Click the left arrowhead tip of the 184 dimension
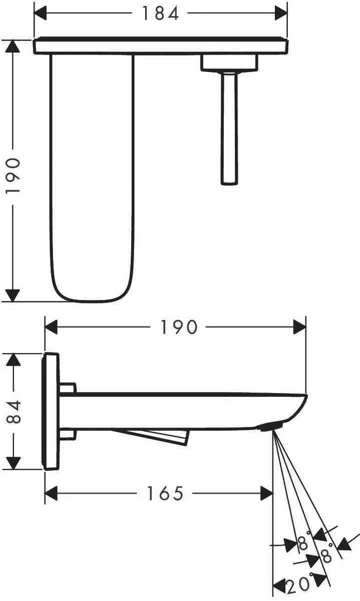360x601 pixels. click(35, 14)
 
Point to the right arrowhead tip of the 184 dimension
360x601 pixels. click(287, 14)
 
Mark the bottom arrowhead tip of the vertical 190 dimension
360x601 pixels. click(13, 302)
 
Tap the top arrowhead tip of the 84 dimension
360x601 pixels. click(14, 354)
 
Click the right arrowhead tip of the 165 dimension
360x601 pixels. click(272, 493)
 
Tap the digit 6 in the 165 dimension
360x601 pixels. click(165, 493)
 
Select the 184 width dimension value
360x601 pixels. click(160, 14)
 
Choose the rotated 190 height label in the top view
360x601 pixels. click(13, 176)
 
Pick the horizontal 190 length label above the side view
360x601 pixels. click(179, 327)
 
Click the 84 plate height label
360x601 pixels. click(14, 412)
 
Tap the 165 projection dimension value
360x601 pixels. click(165, 493)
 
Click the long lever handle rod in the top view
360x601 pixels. click(229, 128)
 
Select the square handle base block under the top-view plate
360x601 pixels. click(229, 63)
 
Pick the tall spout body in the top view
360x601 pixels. click(92, 178)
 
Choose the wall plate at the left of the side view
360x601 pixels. click(51, 411)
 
